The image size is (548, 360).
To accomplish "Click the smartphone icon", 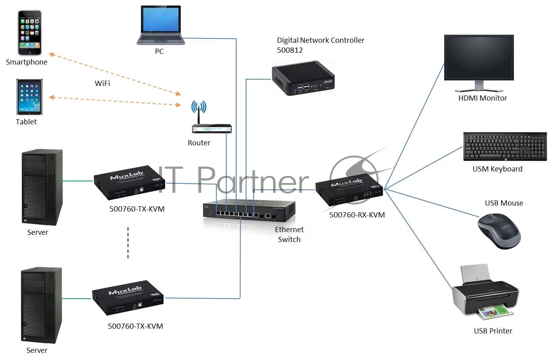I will [x=30, y=33].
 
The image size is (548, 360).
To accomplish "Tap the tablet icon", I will [x=29, y=97].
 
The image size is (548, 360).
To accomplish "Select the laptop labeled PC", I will [x=160, y=25].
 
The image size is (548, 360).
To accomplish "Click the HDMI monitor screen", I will [x=479, y=58].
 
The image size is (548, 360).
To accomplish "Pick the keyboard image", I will [x=505, y=147].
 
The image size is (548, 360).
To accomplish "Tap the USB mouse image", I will [x=498, y=231].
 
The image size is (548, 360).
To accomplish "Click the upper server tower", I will [x=42, y=187].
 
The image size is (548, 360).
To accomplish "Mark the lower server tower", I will [x=41, y=305].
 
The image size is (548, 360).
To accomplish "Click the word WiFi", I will [x=102, y=83].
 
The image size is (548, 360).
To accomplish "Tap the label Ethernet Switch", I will [x=289, y=234].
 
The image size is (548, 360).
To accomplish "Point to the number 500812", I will [x=290, y=50].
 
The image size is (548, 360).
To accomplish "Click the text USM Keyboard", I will [x=497, y=169].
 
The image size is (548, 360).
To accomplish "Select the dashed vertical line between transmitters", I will [x=128, y=243].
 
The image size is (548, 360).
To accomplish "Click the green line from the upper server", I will [x=77, y=181].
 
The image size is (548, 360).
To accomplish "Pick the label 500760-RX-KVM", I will [x=357, y=215].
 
